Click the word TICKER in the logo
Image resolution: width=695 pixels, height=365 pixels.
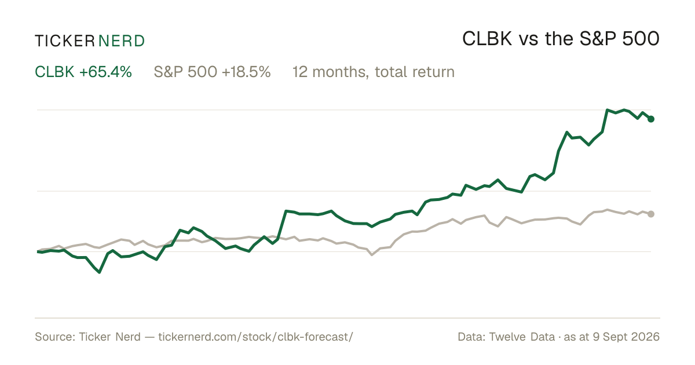click(x=64, y=41)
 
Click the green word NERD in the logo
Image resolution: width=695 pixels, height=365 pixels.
click(x=121, y=41)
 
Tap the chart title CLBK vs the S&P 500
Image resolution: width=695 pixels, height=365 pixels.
click(x=561, y=39)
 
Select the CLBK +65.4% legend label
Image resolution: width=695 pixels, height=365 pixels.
click(x=83, y=72)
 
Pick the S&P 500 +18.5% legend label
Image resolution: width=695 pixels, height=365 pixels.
click(x=212, y=72)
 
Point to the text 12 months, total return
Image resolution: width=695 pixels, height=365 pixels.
click(x=374, y=72)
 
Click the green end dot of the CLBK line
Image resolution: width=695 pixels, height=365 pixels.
click(x=651, y=119)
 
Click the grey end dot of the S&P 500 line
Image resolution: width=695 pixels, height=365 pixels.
click(x=651, y=214)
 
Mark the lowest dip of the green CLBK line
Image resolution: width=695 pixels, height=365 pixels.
click(x=99, y=272)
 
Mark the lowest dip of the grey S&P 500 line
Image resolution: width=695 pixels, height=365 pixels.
click(x=372, y=255)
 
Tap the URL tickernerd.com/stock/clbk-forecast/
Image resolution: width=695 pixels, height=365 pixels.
click(x=255, y=337)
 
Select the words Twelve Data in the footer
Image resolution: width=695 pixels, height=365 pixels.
click(x=522, y=337)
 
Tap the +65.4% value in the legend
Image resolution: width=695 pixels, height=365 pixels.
click(x=105, y=72)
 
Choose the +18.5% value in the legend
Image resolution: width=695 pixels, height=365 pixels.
click(x=246, y=72)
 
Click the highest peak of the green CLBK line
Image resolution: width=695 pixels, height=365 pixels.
click(x=607, y=110)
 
